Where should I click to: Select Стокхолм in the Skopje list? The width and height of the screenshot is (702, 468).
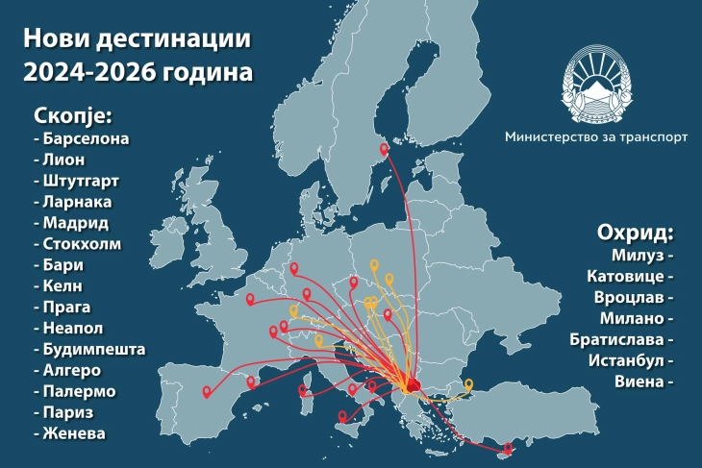tap(80, 244)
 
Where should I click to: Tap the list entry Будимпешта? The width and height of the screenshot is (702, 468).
tap(91, 349)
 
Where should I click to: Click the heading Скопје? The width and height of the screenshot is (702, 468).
tap(73, 115)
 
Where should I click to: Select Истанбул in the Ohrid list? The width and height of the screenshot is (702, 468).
tap(629, 360)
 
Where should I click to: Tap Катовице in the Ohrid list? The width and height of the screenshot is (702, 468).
tap(629, 277)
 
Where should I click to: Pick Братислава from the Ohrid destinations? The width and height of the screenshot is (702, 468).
tap(622, 339)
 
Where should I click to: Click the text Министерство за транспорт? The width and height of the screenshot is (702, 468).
tap(596, 137)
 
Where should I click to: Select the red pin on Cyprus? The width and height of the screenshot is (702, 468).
tap(509, 447)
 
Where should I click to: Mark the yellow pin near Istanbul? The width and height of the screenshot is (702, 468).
tap(468, 385)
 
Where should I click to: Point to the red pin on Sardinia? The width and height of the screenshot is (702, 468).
tap(304, 390)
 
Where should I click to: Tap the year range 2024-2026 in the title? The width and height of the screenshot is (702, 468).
tap(90, 71)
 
